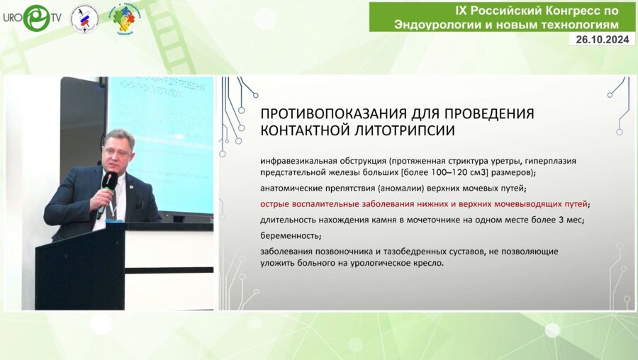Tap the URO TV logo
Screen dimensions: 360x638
point(31,18)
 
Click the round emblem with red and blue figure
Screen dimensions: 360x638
point(85,19)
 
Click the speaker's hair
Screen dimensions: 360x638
point(119,135)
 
